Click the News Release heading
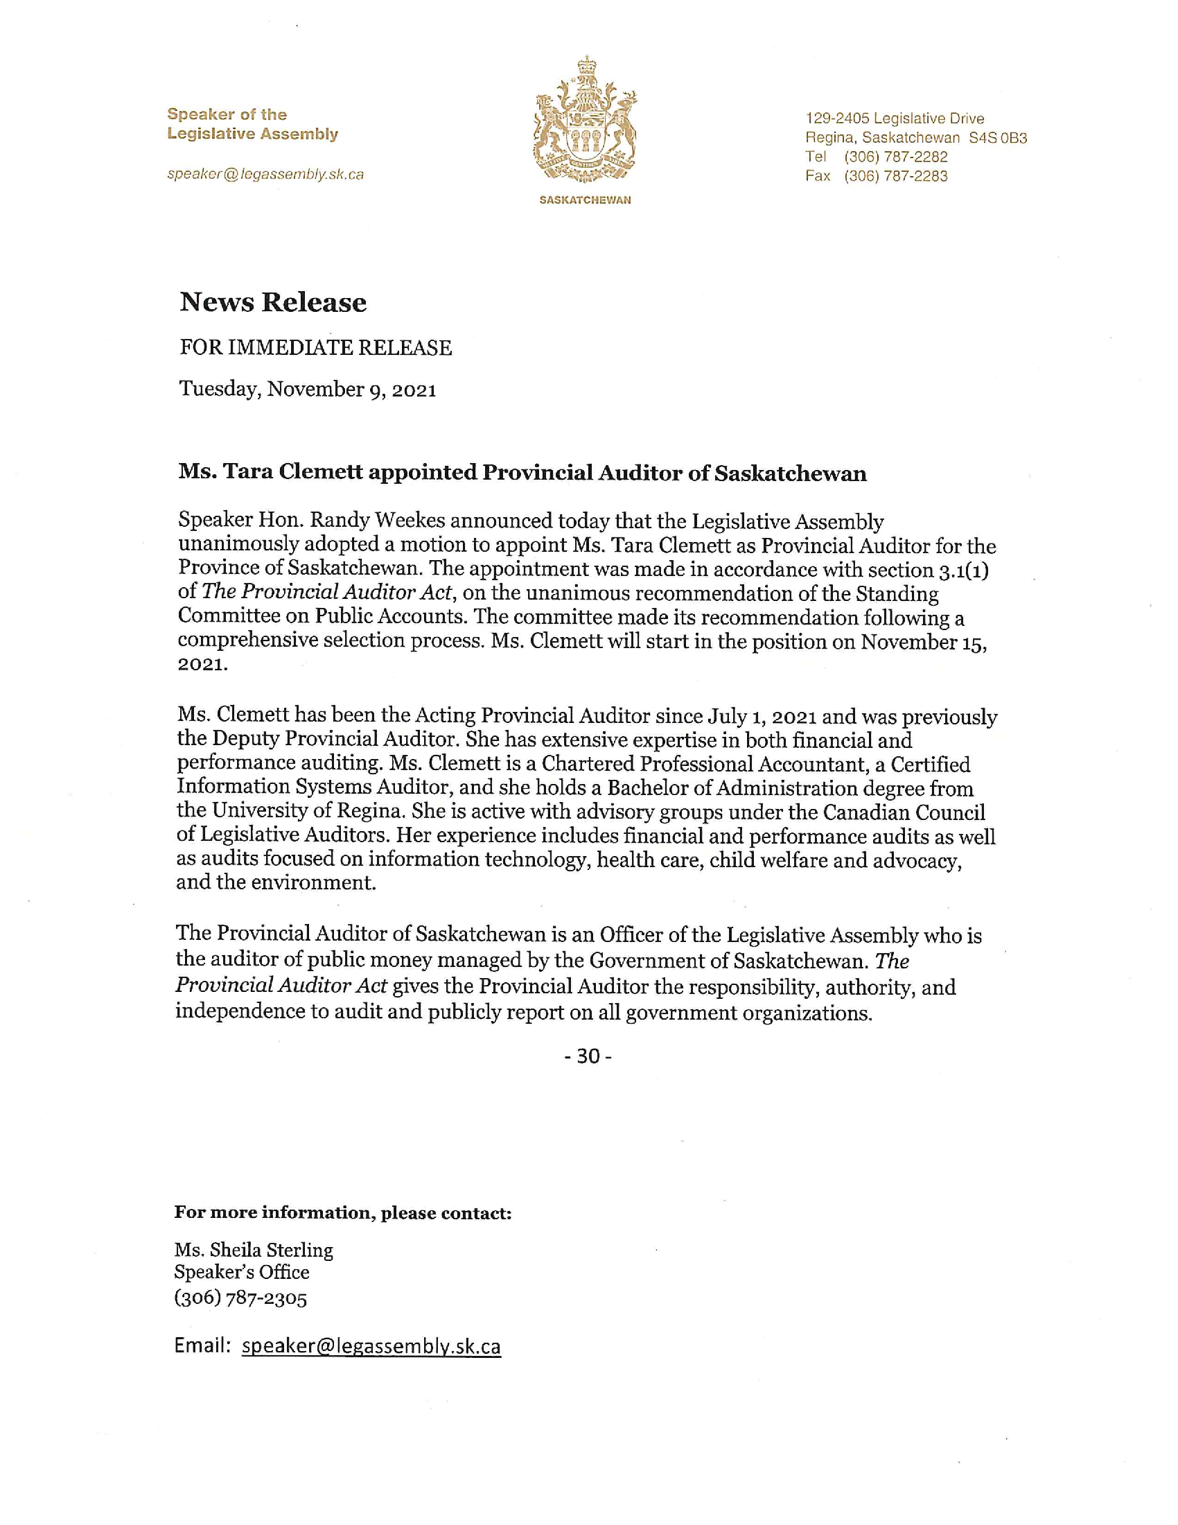tap(273, 302)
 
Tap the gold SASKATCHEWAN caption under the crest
tap(585, 200)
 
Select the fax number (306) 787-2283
tap(896, 176)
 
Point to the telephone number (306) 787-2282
tap(896, 157)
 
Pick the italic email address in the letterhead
tap(265, 175)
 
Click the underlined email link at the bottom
tap(371, 1345)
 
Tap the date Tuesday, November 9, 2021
tap(308, 389)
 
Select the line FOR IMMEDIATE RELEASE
tap(315, 348)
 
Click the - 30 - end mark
tap(588, 1056)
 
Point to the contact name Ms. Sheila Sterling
tap(254, 1250)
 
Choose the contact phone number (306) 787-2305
tap(240, 1298)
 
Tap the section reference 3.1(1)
tap(963, 570)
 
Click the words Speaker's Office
tap(241, 1272)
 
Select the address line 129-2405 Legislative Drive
tap(895, 119)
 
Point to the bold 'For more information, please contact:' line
tap(342, 1213)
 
